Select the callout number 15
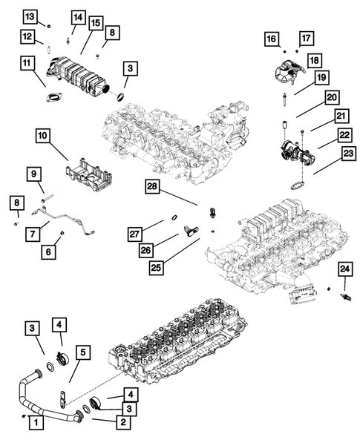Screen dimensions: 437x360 (95, 24)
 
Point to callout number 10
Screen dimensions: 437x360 (42, 135)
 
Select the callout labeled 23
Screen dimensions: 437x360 (327, 154)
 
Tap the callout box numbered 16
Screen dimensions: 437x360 (272, 39)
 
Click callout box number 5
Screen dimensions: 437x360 (83, 352)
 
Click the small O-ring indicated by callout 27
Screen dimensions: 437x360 (172, 217)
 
